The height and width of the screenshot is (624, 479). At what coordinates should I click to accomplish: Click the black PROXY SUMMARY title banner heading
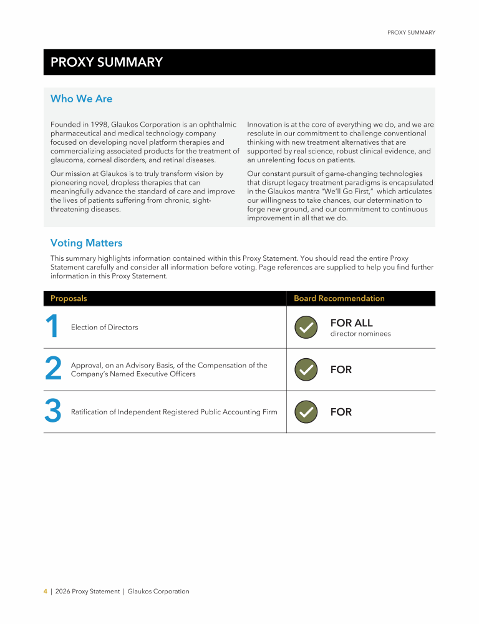pyautogui.click(x=106, y=62)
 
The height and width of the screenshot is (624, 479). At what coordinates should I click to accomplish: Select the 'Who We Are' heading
pyautogui.click(x=81, y=99)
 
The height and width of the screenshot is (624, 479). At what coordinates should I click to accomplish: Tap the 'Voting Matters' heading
pyautogui.click(x=86, y=243)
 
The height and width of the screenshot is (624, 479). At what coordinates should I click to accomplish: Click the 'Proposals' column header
pyautogui.click(x=69, y=298)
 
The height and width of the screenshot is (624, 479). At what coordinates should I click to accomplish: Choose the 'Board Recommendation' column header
pyautogui.click(x=339, y=298)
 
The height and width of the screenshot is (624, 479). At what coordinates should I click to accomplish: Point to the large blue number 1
pyautogui.click(x=52, y=327)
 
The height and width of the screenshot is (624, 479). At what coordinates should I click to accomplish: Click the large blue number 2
pyautogui.click(x=53, y=369)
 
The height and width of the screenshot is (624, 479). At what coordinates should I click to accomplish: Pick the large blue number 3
pyautogui.click(x=53, y=412)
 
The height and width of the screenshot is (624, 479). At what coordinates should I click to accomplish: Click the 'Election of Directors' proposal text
pyautogui.click(x=105, y=327)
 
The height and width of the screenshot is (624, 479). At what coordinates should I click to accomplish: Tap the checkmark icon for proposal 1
pyautogui.click(x=305, y=327)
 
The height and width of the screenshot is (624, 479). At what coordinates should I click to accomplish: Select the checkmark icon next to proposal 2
pyautogui.click(x=305, y=369)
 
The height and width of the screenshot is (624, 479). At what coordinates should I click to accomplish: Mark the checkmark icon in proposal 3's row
pyautogui.click(x=305, y=412)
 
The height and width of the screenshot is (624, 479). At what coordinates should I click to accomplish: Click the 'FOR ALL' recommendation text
pyautogui.click(x=351, y=323)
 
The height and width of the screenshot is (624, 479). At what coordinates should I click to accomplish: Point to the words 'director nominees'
pyautogui.click(x=360, y=334)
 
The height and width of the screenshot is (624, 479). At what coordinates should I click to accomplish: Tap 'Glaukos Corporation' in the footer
pyautogui.click(x=158, y=591)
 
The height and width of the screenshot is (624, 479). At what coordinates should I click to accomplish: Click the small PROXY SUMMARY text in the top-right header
pyautogui.click(x=411, y=32)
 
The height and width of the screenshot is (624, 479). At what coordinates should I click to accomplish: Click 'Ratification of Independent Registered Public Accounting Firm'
pyautogui.click(x=174, y=412)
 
